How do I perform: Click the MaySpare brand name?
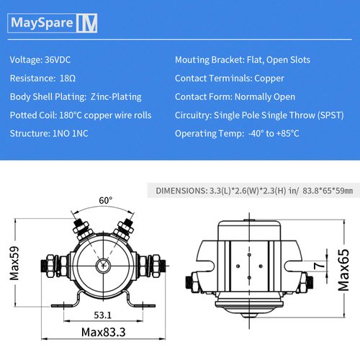click(42, 24)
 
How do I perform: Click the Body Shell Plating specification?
click(76, 96)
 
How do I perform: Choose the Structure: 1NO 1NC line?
click(49, 133)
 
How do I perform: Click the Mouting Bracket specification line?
click(243, 60)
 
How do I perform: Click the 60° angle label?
click(105, 200)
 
